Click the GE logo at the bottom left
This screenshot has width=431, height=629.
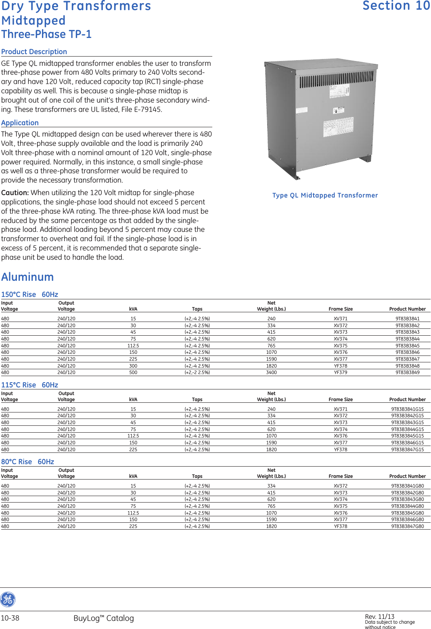click(8, 600)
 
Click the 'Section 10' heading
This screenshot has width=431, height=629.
click(396, 6)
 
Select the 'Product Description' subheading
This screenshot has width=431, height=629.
click(34, 52)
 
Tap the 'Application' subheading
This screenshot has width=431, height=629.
click(20, 123)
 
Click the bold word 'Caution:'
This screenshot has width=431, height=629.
click(15, 193)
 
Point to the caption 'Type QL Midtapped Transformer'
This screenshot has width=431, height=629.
click(325, 196)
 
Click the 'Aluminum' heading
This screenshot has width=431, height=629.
click(27, 277)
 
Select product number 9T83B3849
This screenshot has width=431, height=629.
click(407, 372)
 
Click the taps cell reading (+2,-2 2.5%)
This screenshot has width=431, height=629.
click(197, 372)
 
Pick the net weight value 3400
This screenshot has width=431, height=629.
click(271, 372)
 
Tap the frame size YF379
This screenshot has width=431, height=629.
click(340, 372)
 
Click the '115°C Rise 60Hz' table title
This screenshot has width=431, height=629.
click(29, 385)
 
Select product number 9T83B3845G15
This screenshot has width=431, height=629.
click(407, 436)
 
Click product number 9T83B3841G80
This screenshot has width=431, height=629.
click(407, 486)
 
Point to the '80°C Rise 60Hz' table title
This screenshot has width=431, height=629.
click(27, 462)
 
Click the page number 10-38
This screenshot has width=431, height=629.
click(10, 618)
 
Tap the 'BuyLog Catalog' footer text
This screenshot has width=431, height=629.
click(103, 618)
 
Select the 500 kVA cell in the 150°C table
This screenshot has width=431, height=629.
click(133, 372)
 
